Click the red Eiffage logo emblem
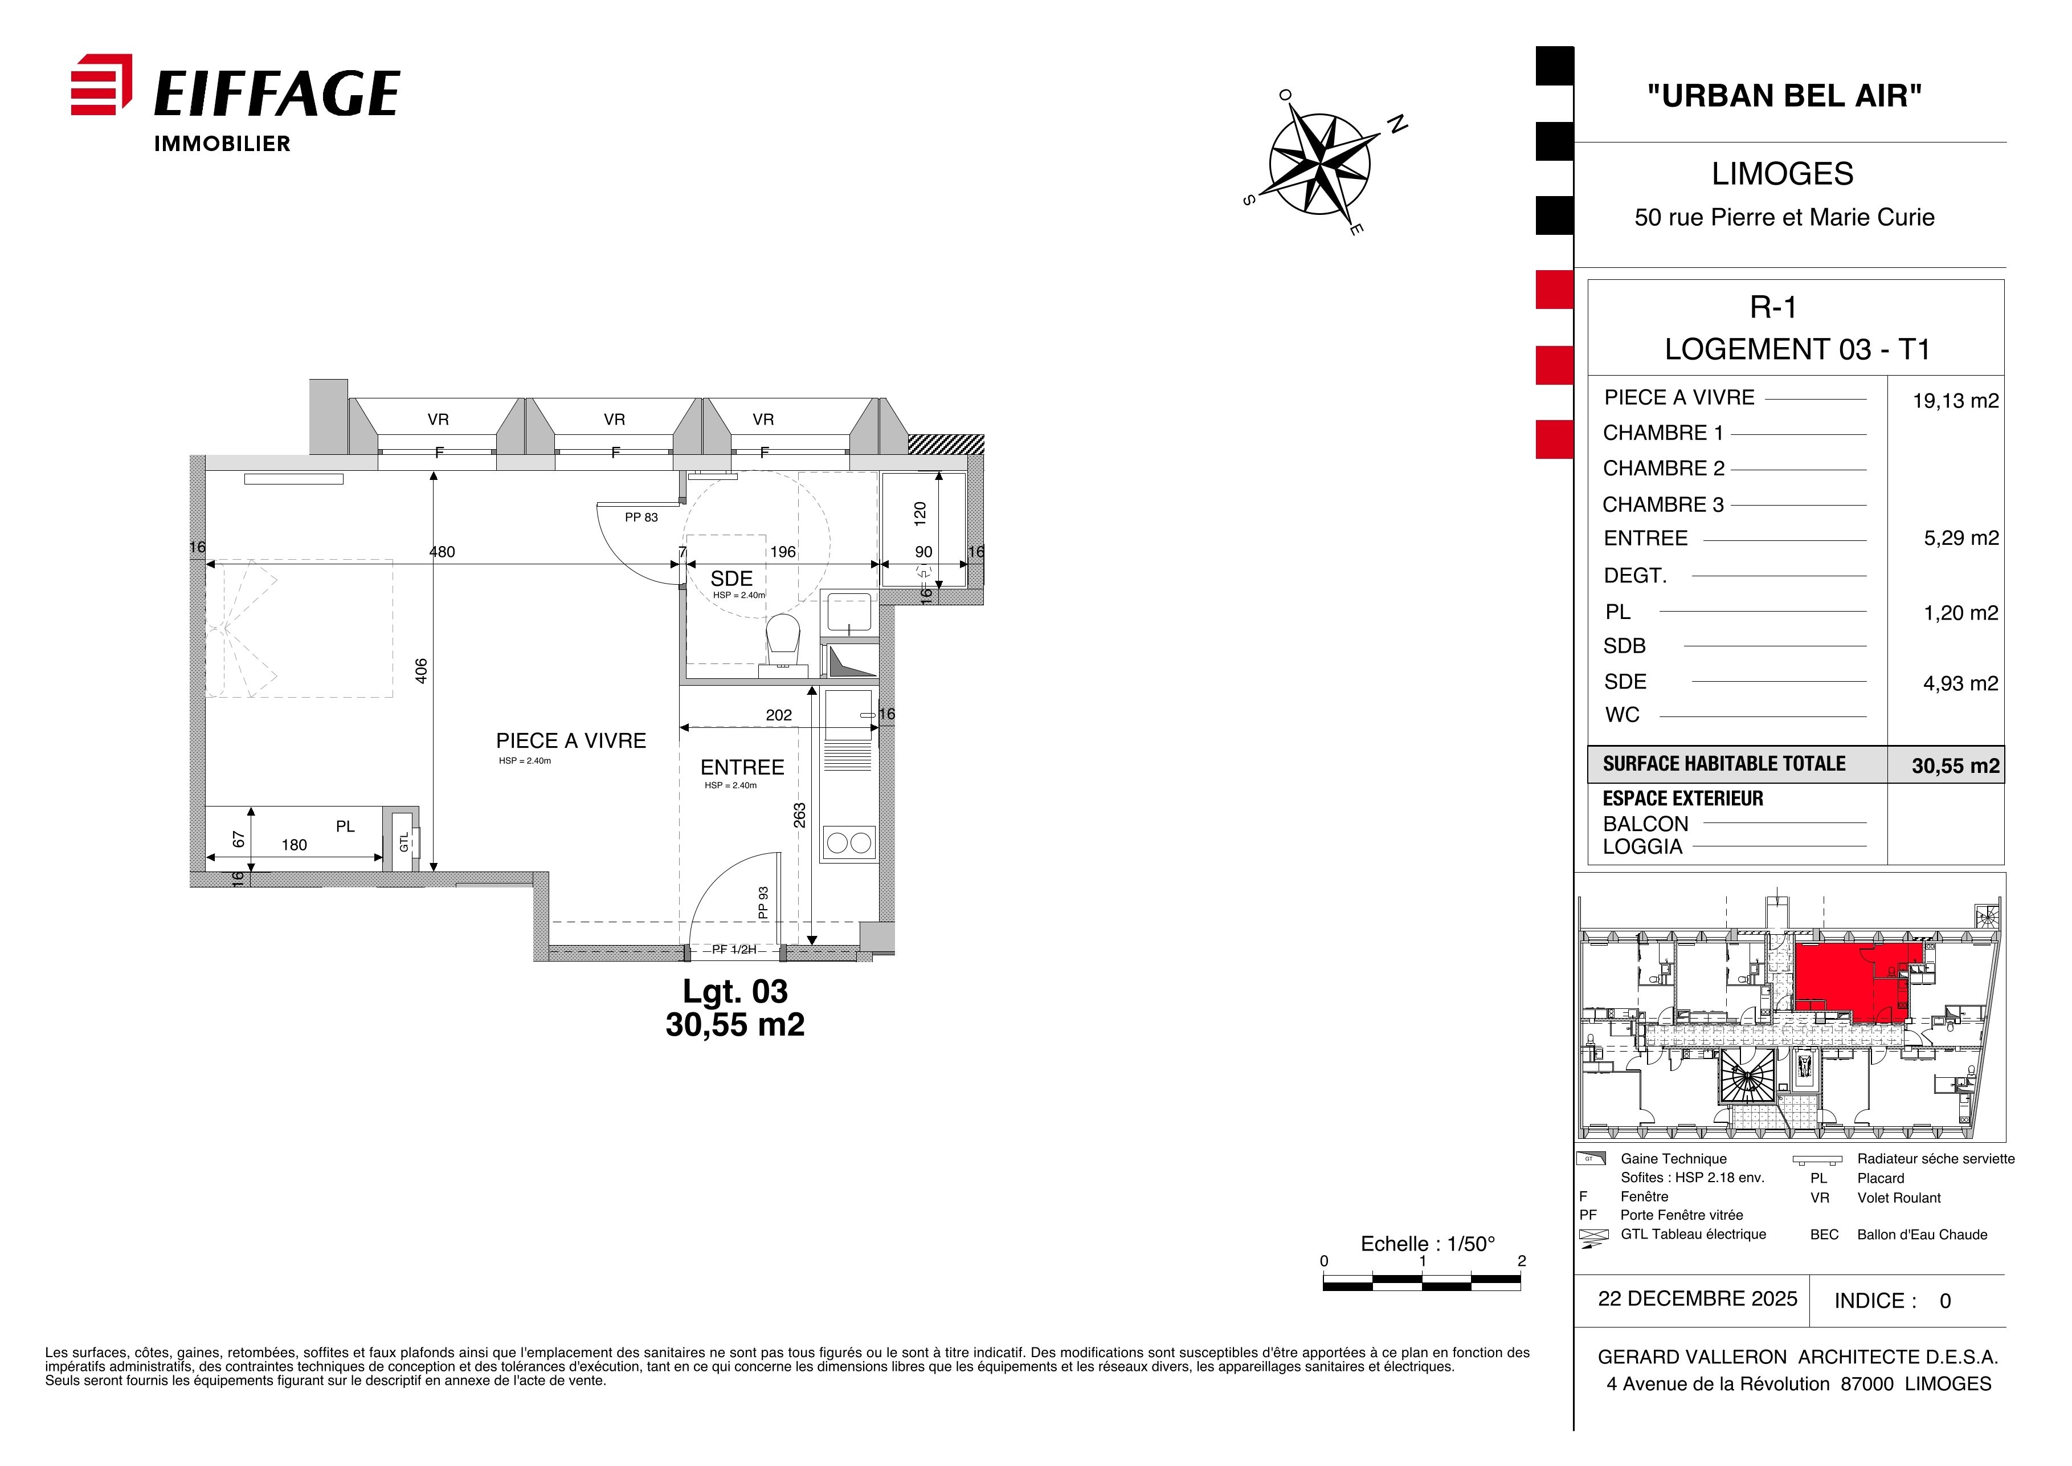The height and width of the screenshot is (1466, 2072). (101, 85)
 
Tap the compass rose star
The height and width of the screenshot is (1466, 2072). (1319, 164)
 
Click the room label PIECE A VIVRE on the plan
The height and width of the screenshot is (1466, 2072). (571, 741)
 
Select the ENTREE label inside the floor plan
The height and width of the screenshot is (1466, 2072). (742, 767)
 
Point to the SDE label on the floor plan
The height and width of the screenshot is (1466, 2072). (731, 579)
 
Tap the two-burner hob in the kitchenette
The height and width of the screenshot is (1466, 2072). (848, 843)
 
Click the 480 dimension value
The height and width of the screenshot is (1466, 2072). (442, 552)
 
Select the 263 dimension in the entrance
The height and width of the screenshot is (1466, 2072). (799, 815)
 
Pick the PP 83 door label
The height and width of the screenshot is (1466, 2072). (641, 517)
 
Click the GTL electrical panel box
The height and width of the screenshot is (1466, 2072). (402, 840)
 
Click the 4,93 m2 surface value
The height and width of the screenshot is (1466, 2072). (1960, 683)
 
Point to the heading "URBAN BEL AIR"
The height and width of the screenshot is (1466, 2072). (1784, 96)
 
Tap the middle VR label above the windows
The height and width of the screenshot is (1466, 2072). (615, 420)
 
